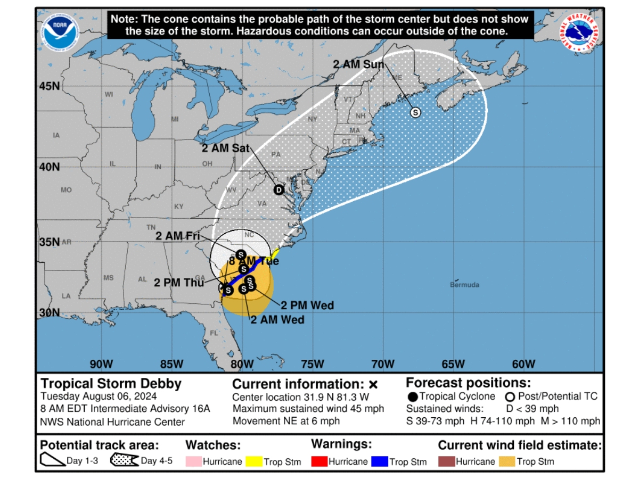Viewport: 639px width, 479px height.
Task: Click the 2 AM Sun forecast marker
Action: (x=415, y=112)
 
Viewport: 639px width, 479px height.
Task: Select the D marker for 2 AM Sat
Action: (x=278, y=190)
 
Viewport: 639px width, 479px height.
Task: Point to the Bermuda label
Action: (x=464, y=285)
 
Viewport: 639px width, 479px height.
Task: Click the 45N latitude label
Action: (x=49, y=86)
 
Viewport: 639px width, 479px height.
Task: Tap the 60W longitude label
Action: (x=523, y=364)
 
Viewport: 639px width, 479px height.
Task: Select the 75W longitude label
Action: (x=312, y=364)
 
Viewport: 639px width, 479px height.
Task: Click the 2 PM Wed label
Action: (x=307, y=305)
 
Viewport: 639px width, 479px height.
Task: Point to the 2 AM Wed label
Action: (x=277, y=320)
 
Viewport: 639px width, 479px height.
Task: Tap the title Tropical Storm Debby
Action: (x=111, y=384)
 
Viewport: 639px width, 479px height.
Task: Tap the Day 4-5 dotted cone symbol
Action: (x=124, y=460)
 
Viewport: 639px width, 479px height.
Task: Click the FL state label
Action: (x=214, y=333)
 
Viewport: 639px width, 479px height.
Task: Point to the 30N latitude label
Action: (x=49, y=313)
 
